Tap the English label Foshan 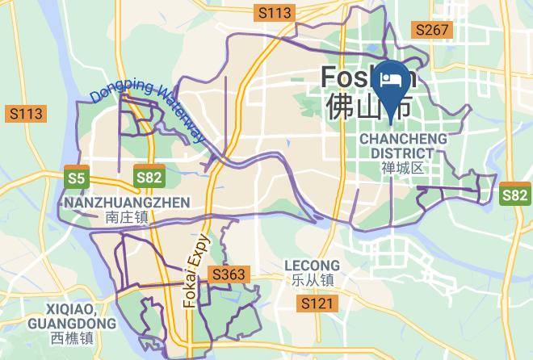click(x=368, y=77)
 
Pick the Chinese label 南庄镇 click(x=127, y=216)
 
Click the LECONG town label click(x=313, y=266)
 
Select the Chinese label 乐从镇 click(x=313, y=280)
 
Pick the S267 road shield click(x=432, y=31)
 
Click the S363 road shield click(x=229, y=275)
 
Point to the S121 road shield click(x=316, y=303)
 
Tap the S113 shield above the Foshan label click(x=274, y=12)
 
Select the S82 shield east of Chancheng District click(x=515, y=195)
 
